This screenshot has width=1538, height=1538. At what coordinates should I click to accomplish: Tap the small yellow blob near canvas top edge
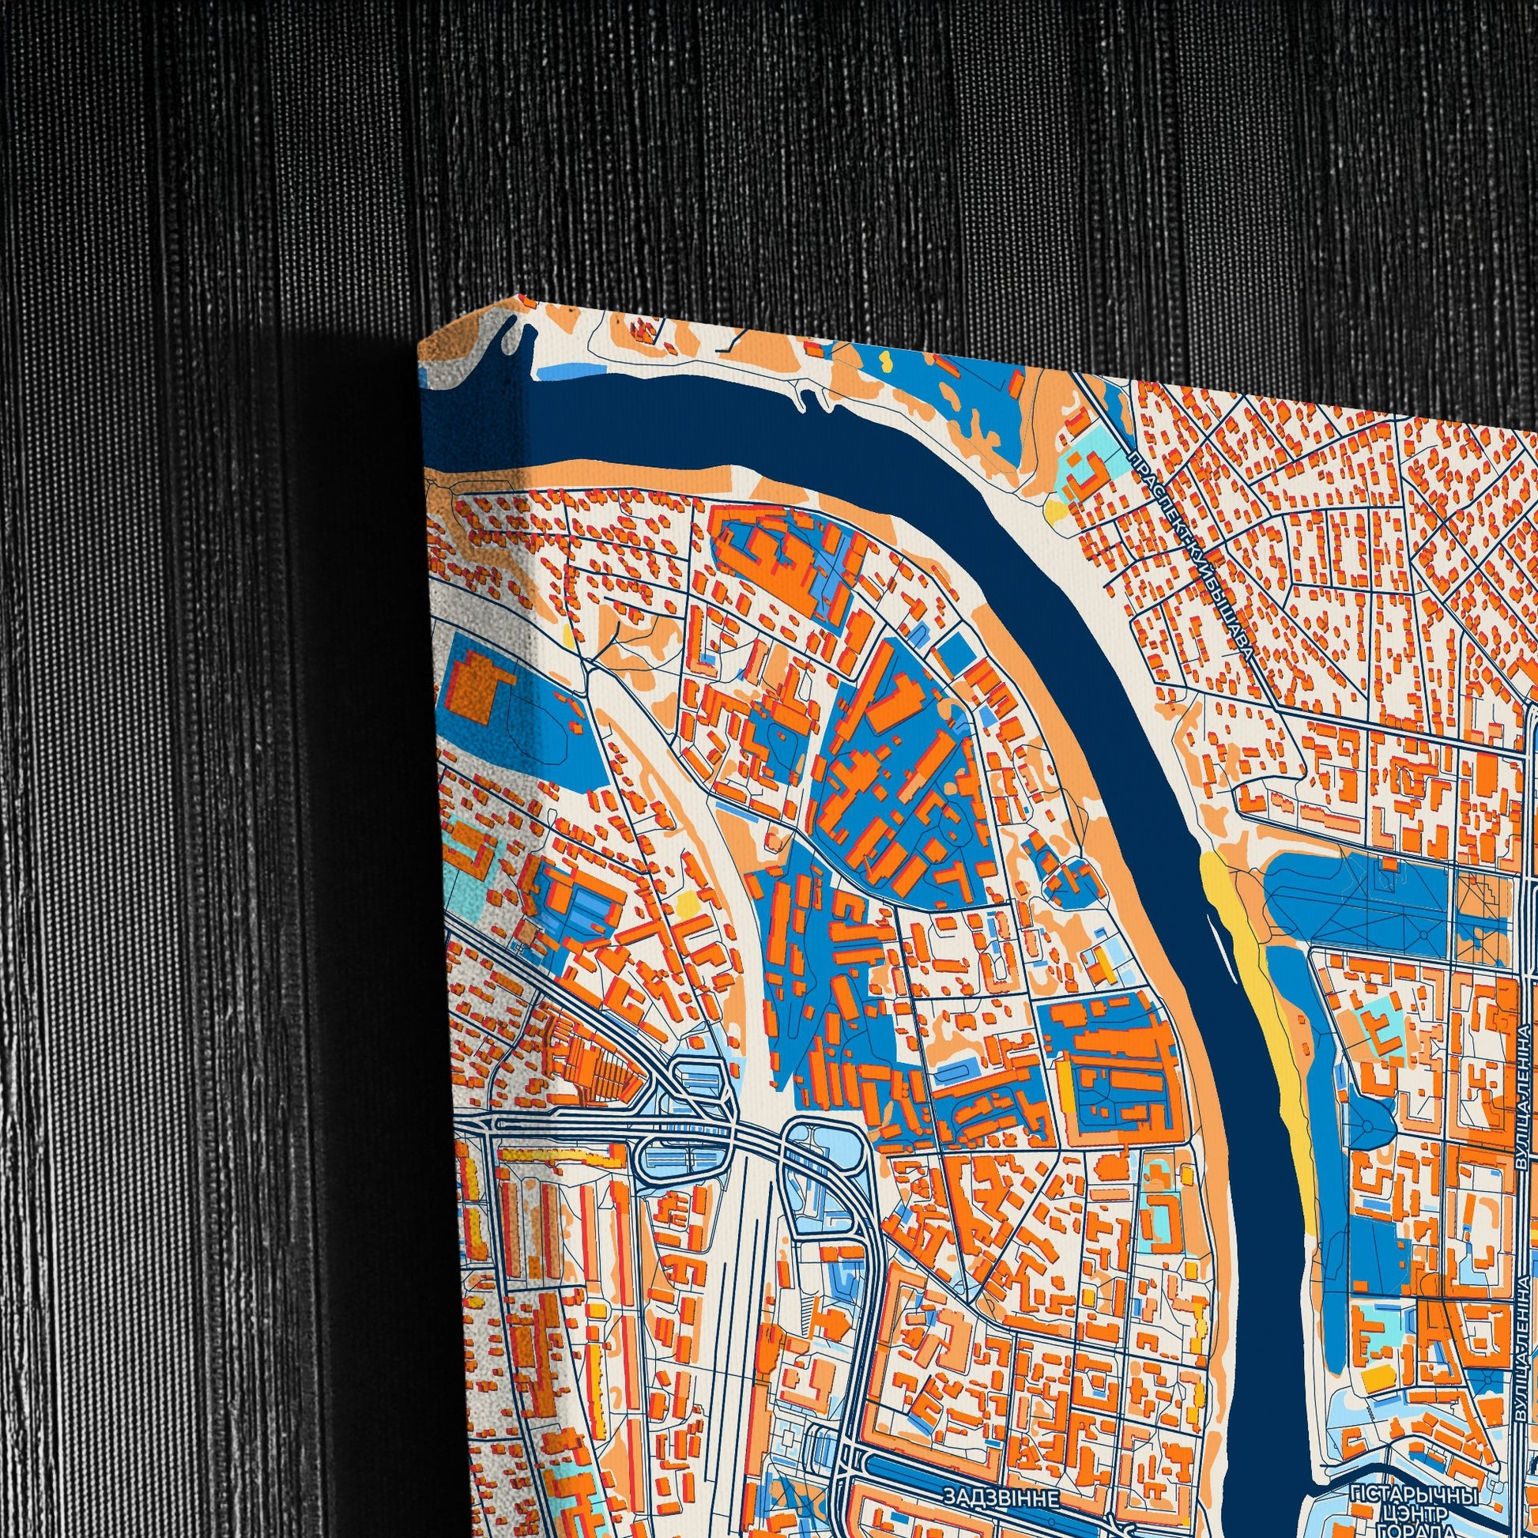[x=884, y=360]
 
